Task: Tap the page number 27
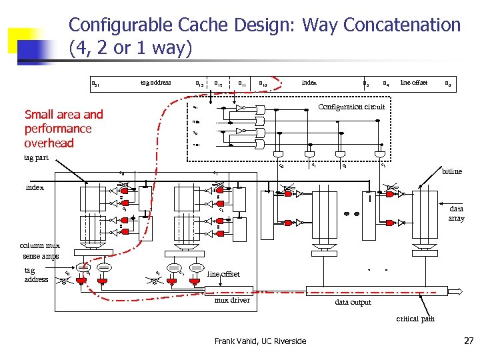(x=468, y=341)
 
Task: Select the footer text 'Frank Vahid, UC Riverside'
(x=261, y=341)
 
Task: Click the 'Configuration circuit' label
(x=351, y=107)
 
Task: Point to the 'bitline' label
(x=452, y=171)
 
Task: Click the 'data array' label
(x=456, y=213)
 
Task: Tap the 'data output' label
(x=353, y=302)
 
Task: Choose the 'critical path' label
(x=415, y=319)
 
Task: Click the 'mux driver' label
(x=231, y=300)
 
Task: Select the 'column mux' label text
(x=41, y=245)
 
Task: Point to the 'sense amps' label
(x=41, y=255)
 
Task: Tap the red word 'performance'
(x=58, y=129)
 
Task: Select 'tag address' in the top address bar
(x=155, y=83)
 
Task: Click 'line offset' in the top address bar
(x=413, y=83)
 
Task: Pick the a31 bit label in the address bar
(x=95, y=83)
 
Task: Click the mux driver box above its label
(x=231, y=289)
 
